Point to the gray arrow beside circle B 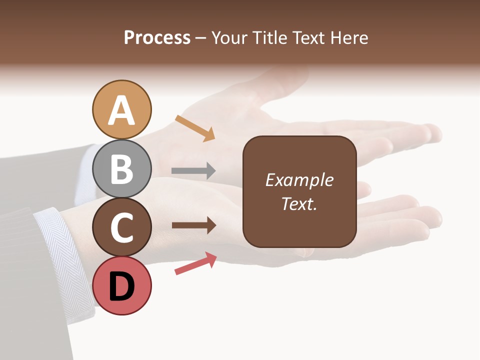click(x=193, y=171)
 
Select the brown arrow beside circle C click(x=194, y=225)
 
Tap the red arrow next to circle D click(x=195, y=263)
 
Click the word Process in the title click(x=157, y=38)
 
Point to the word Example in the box click(x=299, y=180)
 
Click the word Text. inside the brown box click(x=299, y=203)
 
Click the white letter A click(x=121, y=110)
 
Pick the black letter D click(x=121, y=287)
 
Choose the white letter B click(x=121, y=169)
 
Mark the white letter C click(x=121, y=228)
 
